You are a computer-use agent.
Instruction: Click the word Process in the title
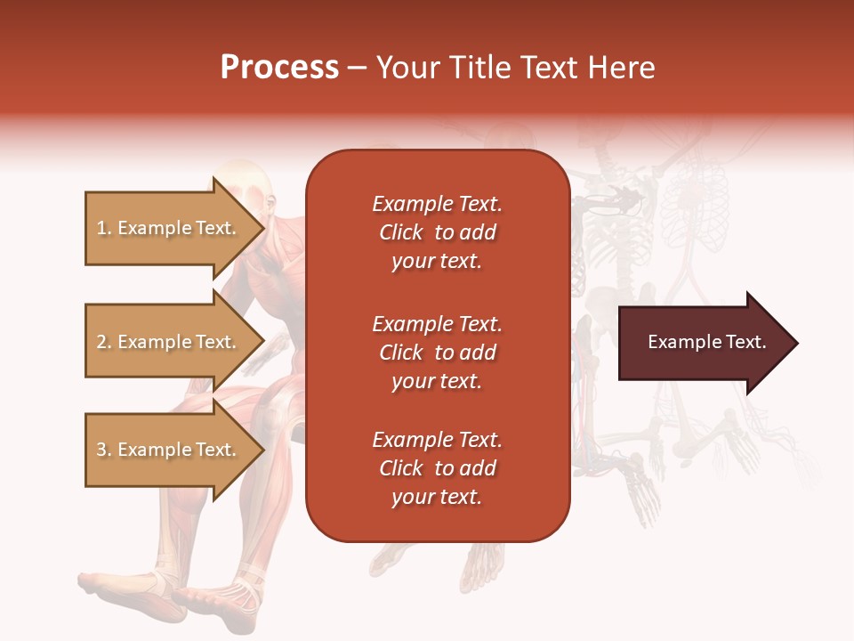pyautogui.click(x=279, y=67)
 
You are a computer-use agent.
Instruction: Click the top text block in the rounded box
pyautogui.click(x=437, y=232)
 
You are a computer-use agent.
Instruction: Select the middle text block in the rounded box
pyautogui.click(x=437, y=353)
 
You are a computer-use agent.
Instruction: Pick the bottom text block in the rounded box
pyautogui.click(x=437, y=468)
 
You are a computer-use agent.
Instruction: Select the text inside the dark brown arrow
pyautogui.click(x=706, y=342)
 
